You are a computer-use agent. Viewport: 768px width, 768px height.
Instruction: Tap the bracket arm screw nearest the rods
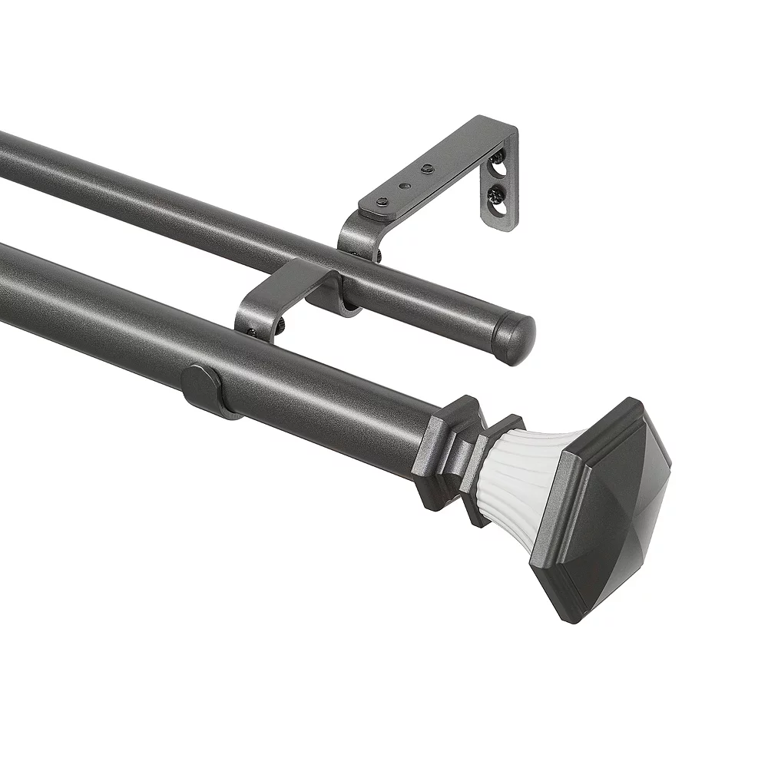(x=382, y=201)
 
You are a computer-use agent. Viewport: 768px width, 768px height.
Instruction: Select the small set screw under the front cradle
(x=252, y=333)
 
